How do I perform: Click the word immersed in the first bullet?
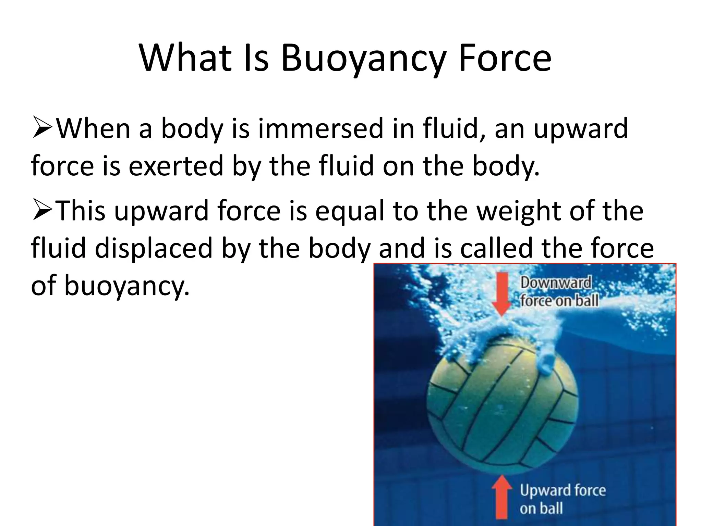320,129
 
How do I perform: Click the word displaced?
154,248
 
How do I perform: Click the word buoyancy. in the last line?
127,286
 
